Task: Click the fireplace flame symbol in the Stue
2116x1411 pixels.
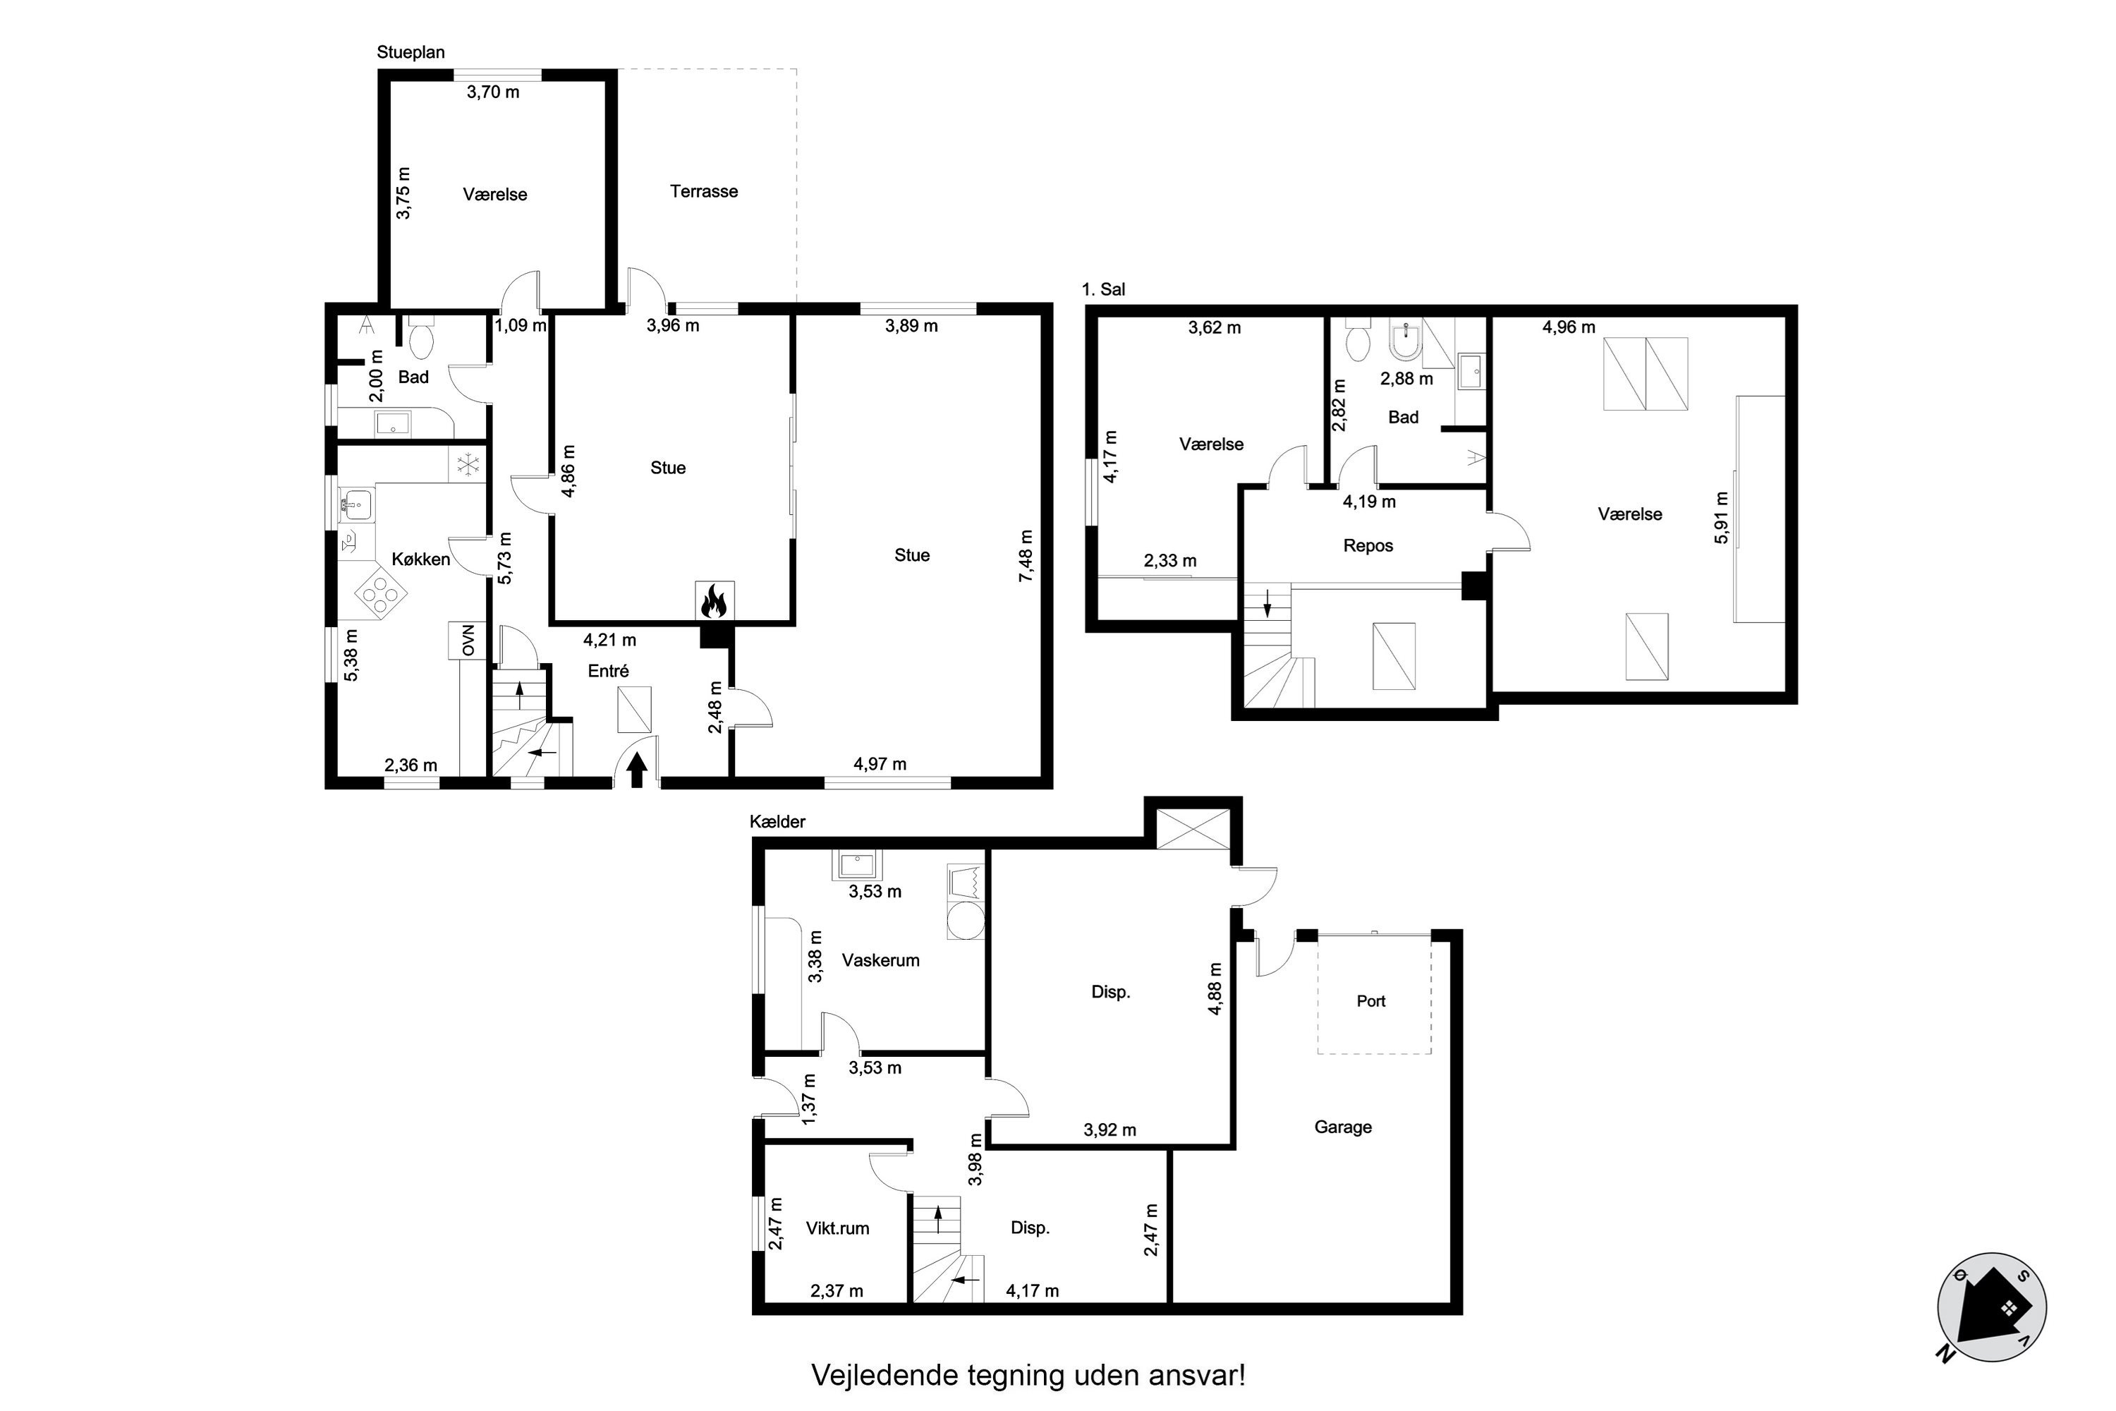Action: (x=715, y=601)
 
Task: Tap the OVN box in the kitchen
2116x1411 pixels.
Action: (x=468, y=641)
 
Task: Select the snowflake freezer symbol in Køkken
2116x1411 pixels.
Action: (x=468, y=464)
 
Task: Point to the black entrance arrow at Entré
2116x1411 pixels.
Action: (x=637, y=770)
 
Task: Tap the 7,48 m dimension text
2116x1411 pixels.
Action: (x=1026, y=555)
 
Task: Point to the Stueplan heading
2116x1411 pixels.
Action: (x=411, y=52)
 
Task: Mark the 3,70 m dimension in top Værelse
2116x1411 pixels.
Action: (x=493, y=92)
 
